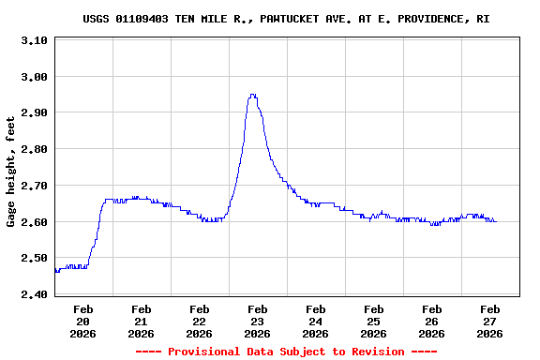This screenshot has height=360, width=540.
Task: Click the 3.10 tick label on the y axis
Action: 34,40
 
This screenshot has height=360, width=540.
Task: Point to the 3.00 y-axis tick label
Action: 34,77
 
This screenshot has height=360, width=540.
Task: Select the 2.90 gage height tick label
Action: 34,112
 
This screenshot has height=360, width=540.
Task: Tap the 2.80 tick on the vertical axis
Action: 34,149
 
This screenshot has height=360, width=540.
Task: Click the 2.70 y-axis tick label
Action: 34,186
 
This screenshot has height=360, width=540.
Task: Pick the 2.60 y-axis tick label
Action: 34,222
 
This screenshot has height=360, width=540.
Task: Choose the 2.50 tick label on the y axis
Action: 34,258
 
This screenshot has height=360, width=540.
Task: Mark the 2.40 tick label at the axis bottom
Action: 34,294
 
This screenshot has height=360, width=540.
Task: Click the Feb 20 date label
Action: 83,321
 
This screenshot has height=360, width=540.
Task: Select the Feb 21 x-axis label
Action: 142,321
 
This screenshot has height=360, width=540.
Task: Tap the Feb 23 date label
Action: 258,321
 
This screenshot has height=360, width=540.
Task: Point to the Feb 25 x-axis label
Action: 374,321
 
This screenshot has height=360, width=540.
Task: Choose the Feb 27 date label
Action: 490,321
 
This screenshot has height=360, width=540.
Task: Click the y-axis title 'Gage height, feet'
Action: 11,172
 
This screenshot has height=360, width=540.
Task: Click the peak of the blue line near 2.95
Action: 252,95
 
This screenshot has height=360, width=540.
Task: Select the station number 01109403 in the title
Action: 142,19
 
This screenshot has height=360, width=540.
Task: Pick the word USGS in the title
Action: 97,19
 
